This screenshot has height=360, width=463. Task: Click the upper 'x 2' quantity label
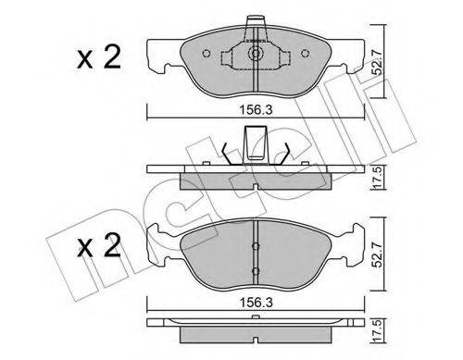pos(99,57)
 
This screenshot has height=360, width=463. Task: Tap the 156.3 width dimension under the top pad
pos(257,110)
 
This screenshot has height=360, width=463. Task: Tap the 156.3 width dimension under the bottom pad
pos(257,303)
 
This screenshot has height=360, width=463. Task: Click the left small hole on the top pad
pos(206,54)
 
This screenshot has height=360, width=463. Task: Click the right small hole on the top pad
pos(305,54)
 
